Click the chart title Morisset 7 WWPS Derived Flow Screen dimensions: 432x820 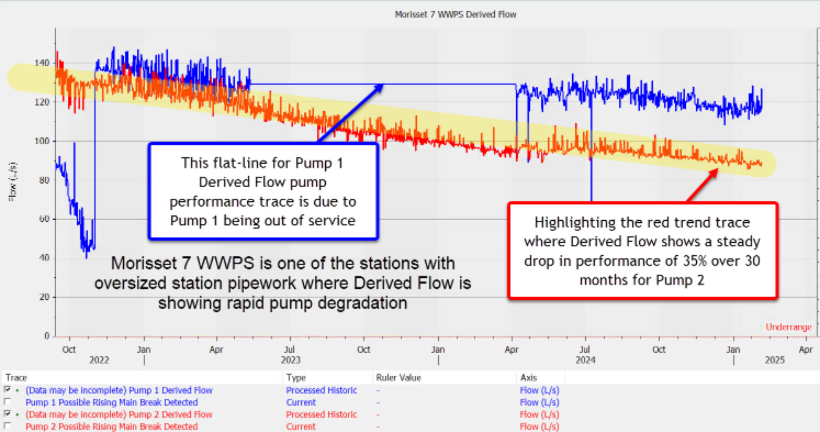tap(455, 15)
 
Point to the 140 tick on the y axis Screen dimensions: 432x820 tap(42, 63)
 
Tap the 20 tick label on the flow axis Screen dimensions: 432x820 tap(44, 297)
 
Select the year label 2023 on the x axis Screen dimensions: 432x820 tap(290, 360)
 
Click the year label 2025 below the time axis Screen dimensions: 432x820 tap(774, 360)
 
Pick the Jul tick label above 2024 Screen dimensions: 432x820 tap(584, 350)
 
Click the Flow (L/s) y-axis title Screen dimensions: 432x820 tap(13, 182)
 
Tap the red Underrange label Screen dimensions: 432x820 tap(788, 327)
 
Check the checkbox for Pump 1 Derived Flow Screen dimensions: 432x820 tap(7, 390)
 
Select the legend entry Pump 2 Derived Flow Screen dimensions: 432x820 tap(119, 414)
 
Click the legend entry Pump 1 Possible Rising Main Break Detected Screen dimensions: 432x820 tap(111, 402)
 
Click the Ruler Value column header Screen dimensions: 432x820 tap(398, 378)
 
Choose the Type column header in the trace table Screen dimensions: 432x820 tap(296, 378)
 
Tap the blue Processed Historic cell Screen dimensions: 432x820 tap(321, 390)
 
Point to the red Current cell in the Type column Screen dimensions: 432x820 tap(300, 427)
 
